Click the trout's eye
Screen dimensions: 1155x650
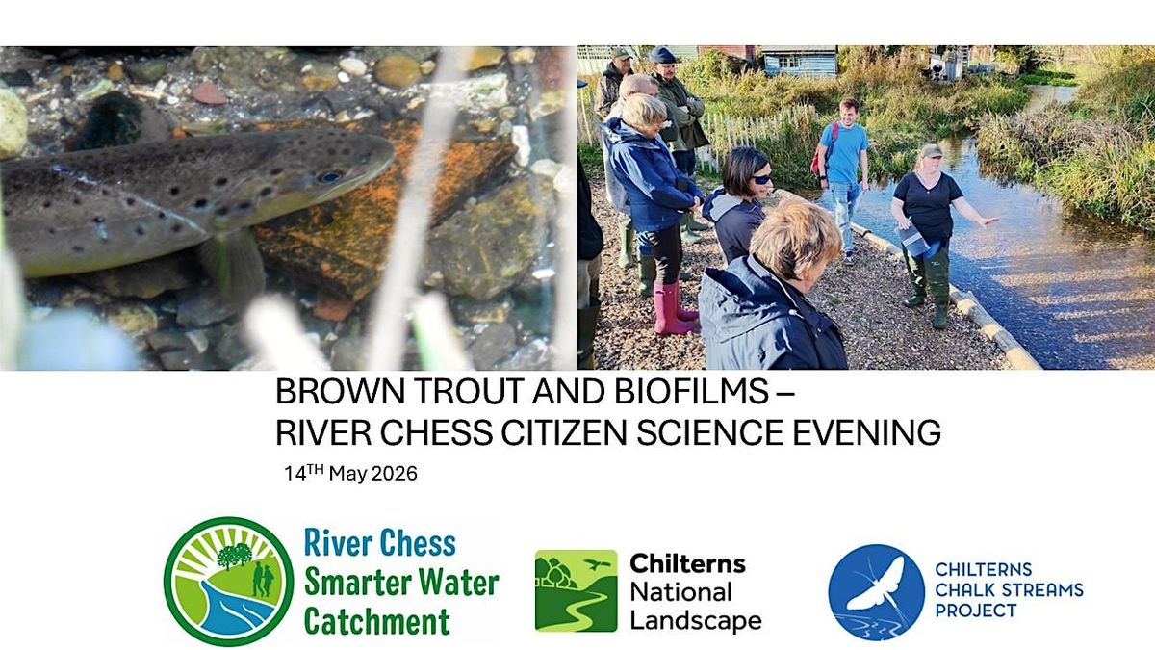[x=328, y=176]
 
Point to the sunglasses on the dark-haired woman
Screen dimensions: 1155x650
[x=761, y=179]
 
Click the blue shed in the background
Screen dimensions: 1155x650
[x=800, y=62]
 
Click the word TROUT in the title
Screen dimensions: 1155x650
[x=471, y=392]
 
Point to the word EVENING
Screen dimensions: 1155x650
[x=866, y=432]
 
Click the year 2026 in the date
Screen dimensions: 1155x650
[x=394, y=474]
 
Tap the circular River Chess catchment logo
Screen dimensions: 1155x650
[x=228, y=582]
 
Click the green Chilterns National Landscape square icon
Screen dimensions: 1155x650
[x=576, y=591]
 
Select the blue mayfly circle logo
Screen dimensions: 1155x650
[x=877, y=592]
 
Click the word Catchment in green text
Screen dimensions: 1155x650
[x=377, y=622]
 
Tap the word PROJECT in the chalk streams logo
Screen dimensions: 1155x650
[x=976, y=611]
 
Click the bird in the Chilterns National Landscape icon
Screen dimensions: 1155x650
[x=597, y=564]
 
